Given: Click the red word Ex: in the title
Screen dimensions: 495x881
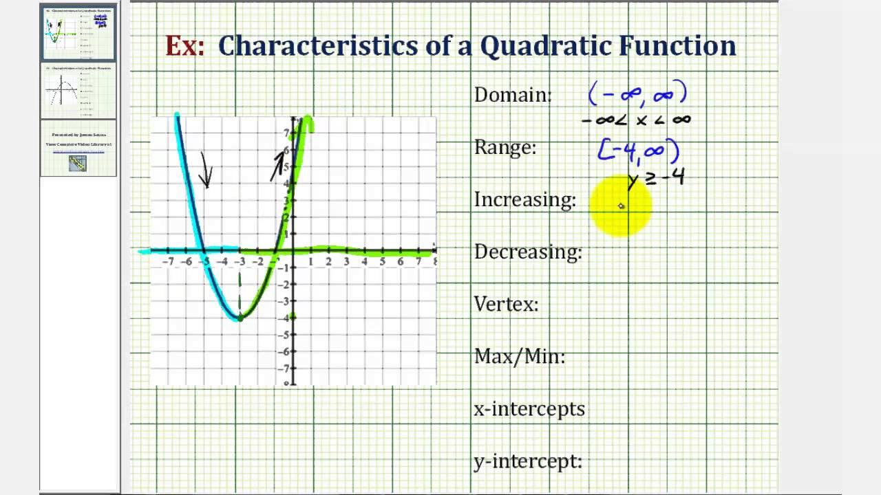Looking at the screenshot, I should coord(184,46).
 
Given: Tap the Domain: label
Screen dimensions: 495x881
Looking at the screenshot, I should coord(513,95).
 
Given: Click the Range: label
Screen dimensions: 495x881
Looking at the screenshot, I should coord(505,147).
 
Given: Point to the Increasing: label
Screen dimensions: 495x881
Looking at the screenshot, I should coord(524,200).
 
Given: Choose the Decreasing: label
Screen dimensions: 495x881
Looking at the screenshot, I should coord(528,252).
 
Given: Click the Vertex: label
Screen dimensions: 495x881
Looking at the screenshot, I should coord(506,304).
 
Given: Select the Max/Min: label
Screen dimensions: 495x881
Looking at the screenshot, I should coord(519,356).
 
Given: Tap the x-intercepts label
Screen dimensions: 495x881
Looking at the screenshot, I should coord(529,408).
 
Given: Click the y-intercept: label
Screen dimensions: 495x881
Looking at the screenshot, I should coord(528,461).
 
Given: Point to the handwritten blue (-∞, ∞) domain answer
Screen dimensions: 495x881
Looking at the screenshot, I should coord(637,93).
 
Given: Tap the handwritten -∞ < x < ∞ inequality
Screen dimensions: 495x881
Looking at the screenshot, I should coord(635,120).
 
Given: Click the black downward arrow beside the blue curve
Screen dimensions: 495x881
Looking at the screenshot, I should coord(205,170).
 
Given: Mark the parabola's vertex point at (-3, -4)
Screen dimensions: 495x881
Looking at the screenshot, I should coord(240,318).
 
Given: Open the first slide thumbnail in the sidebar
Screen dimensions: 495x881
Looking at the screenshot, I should coord(78,33).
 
